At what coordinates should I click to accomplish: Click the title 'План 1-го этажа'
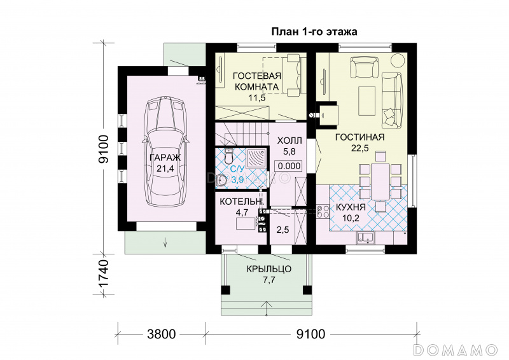(314, 32)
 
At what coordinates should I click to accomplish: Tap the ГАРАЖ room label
(165, 158)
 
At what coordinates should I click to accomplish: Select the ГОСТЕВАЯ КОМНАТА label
(257, 81)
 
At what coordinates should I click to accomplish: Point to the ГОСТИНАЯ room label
(359, 137)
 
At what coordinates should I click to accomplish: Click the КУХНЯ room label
(351, 207)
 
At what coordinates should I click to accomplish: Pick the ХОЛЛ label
(289, 141)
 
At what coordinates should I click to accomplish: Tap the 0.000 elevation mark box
(289, 166)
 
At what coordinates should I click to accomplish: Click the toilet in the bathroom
(229, 156)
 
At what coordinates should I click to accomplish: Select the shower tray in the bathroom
(256, 159)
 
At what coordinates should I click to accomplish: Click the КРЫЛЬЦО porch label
(268, 269)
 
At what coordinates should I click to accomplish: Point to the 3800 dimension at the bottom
(162, 334)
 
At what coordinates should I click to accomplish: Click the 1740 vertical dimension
(104, 273)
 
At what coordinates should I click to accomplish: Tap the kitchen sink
(366, 238)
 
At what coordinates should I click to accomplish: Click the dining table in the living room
(380, 181)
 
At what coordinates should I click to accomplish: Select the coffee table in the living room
(366, 101)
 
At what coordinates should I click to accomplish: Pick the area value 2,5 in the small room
(282, 230)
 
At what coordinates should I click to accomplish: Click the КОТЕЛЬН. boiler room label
(242, 202)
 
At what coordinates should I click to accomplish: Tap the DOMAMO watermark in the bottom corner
(456, 350)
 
